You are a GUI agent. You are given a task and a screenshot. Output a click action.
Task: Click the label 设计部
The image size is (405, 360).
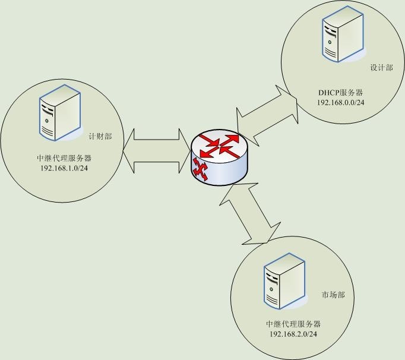[381, 68]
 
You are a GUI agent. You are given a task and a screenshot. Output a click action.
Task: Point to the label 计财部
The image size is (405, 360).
[100, 137]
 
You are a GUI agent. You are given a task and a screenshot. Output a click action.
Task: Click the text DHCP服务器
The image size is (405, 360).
[340, 93]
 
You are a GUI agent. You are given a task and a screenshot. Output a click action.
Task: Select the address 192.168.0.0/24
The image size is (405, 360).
[340, 102]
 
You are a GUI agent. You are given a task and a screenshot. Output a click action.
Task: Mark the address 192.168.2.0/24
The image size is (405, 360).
[293, 334]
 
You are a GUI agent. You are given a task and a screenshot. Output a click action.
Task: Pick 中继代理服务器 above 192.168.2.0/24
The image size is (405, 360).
[293, 324]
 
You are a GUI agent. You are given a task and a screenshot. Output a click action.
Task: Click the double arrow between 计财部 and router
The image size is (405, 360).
[156, 151]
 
